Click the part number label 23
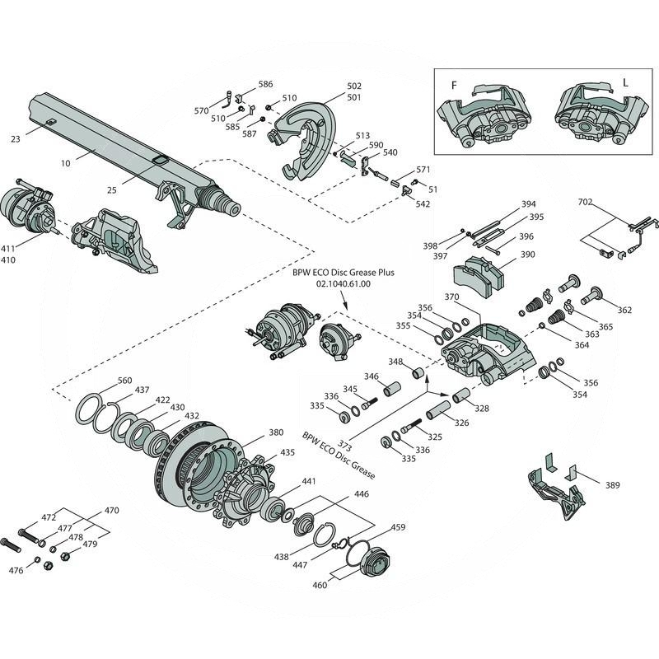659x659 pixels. (x=16, y=139)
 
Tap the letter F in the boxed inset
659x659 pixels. (x=453, y=85)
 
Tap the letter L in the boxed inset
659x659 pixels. (x=625, y=84)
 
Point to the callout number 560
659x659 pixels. (x=124, y=381)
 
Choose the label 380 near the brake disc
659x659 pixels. (x=276, y=432)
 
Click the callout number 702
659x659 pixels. (x=585, y=202)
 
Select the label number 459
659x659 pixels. (x=398, y=527)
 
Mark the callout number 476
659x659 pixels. (x=16, y=570)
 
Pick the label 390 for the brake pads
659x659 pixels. (x=527, y=255)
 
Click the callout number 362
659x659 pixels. (x=624, y=311)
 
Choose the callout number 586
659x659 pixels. (x=265, y=84)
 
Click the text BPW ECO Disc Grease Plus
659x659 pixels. (x=338, y=271)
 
